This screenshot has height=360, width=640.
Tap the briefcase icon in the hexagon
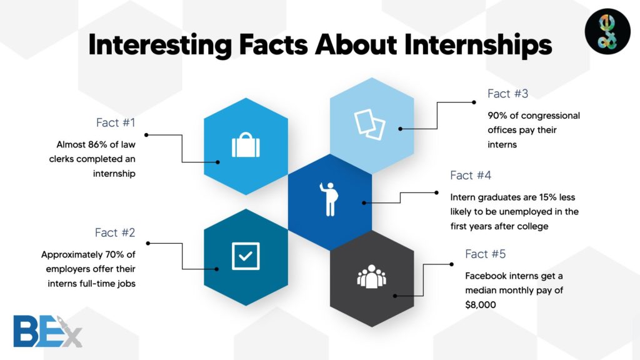click(x=246, y=146)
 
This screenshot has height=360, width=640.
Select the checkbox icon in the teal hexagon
click(x=246, y=256)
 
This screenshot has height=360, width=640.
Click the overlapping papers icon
click(x=370, y=124)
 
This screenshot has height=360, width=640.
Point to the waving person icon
click(x=330, y=199)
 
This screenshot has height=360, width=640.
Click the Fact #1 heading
click(x=116, y=122)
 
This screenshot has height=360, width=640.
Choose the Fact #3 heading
click(x=507, y=94)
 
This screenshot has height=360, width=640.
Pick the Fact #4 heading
click(x=471, y=175)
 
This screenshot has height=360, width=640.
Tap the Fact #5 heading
click(x=486, y=254)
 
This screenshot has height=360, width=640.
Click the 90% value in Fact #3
click(x=498, y=116)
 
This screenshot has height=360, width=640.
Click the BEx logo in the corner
click(x=47, y=331)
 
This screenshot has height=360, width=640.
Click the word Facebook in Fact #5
click(x=486, y=276)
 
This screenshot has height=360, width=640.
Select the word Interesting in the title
click(x=159, y=46)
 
